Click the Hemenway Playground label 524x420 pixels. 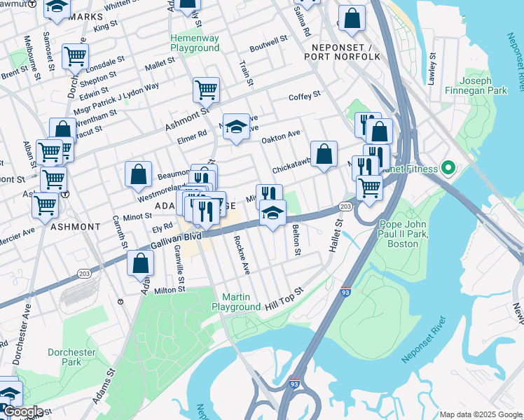click(194, 43)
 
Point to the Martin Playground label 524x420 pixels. click(236, 302)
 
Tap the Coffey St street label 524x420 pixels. click(304, 94)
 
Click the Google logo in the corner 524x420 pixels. click(23, 412)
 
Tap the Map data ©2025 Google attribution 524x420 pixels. click(481, 414)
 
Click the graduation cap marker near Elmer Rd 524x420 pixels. click(237, 126)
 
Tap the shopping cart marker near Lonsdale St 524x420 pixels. click(75, 56)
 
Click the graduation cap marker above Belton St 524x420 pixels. click(272, 213)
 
